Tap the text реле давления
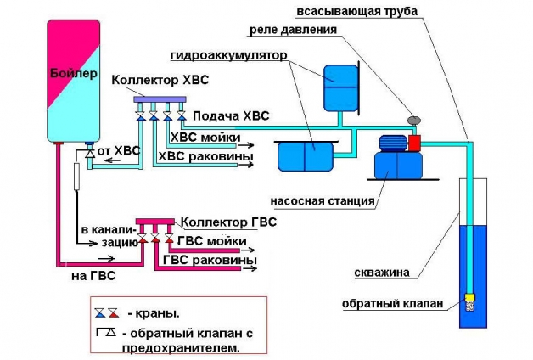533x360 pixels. tap(292, 30)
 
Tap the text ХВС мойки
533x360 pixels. tap(205, 138)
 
